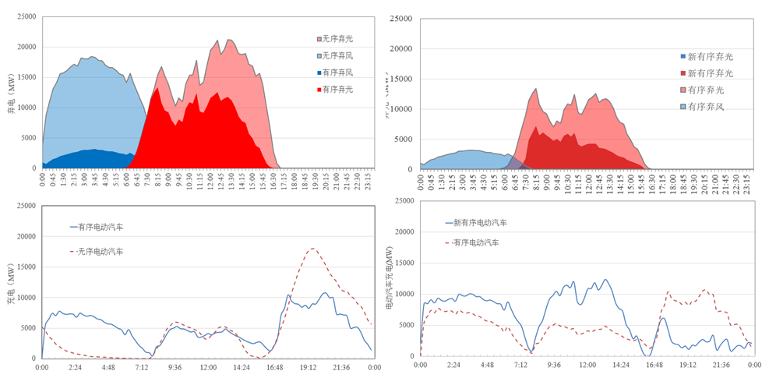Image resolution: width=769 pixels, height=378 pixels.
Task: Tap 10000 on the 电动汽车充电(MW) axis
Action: pos(401,294)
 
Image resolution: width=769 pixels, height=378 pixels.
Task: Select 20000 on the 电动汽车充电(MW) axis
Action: pos(401,232)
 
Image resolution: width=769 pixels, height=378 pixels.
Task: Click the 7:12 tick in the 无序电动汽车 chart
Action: pos(142,367)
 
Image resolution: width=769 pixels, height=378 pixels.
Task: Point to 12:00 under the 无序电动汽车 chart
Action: pos(208,367)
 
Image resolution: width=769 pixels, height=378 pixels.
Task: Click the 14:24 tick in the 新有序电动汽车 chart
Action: pos(621,365)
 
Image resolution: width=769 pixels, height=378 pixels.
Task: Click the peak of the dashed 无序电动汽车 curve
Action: pos(312,249)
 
